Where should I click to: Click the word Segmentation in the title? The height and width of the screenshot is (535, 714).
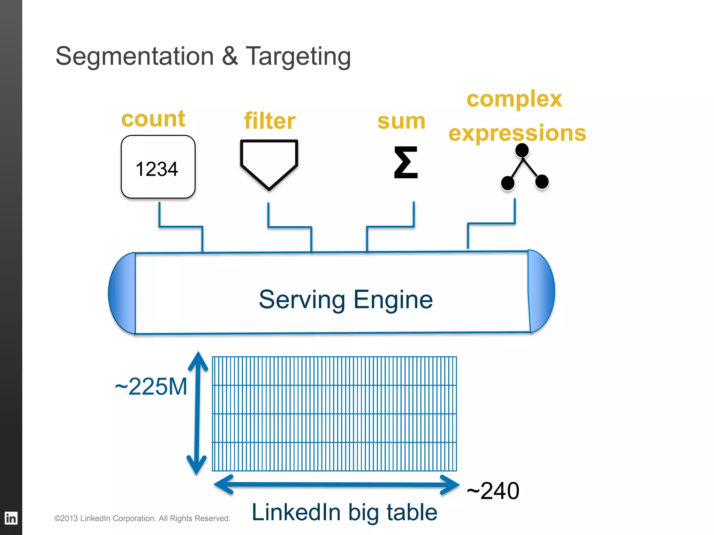pos(135,56)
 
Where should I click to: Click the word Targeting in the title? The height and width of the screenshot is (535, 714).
pos(298,56)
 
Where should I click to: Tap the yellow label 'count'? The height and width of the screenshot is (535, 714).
pos(153,119)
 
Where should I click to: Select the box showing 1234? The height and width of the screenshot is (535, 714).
pos(158,167)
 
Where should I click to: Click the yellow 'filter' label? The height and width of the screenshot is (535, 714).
pos(269,121)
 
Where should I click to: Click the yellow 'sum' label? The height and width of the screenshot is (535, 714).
pos(401,122)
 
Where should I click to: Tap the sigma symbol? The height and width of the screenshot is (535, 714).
pos(405,162)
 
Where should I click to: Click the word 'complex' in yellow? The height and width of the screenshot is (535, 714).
pos(514,99)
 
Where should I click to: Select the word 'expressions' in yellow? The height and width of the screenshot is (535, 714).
pos(517,133)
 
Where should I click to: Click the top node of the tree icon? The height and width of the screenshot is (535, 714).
pos(522,150)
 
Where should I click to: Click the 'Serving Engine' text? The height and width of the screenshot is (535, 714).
pos(345,300)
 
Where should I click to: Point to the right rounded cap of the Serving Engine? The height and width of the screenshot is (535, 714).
pos(541,291)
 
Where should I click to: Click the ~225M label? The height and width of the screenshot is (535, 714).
pos(151,387)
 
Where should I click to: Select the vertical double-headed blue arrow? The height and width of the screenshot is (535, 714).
pos(197,413)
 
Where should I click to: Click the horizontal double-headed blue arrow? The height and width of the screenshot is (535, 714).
pos(336,484)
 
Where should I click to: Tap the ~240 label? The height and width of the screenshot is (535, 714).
pos(493,491)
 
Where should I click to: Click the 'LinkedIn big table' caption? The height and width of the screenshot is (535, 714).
pos(344,512)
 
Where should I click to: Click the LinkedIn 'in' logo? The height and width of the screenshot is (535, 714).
pos(11,518)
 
